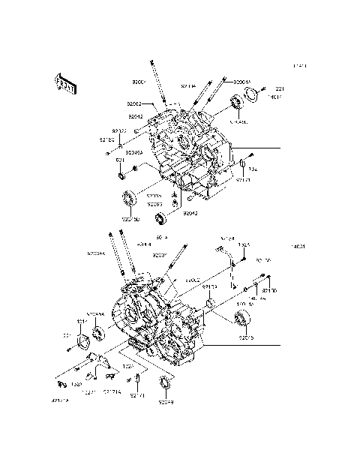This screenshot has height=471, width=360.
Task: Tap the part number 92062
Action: (135, 105)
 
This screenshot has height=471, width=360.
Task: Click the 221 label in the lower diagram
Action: (66, 334)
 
